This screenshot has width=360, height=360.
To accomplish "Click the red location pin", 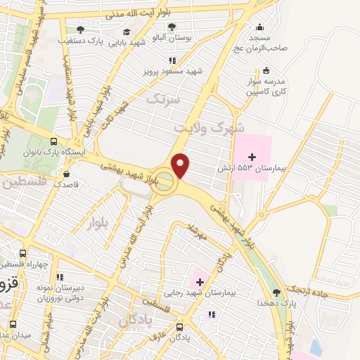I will tap(181, 165).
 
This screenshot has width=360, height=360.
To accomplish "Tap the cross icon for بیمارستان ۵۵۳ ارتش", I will tap(252, 155).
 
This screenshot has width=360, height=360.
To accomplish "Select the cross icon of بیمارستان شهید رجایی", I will tap(200, 283).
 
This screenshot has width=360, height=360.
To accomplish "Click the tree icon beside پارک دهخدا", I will tap(276, 292).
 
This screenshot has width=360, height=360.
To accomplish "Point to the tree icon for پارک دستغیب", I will tap(80, 30).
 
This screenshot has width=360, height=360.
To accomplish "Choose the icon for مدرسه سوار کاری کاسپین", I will tap(266, 70).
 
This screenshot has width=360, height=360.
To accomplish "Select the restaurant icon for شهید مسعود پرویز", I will tap(172, 60).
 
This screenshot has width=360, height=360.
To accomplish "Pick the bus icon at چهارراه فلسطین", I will tap(23, 253).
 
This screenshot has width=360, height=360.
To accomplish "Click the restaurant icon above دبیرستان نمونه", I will tap(59, 277).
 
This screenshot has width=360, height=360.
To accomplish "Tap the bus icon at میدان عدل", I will tap(13, 324).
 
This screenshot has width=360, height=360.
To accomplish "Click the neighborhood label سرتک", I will tap(163, 100).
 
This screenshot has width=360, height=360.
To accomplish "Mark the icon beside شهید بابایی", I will tap(127, 32).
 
